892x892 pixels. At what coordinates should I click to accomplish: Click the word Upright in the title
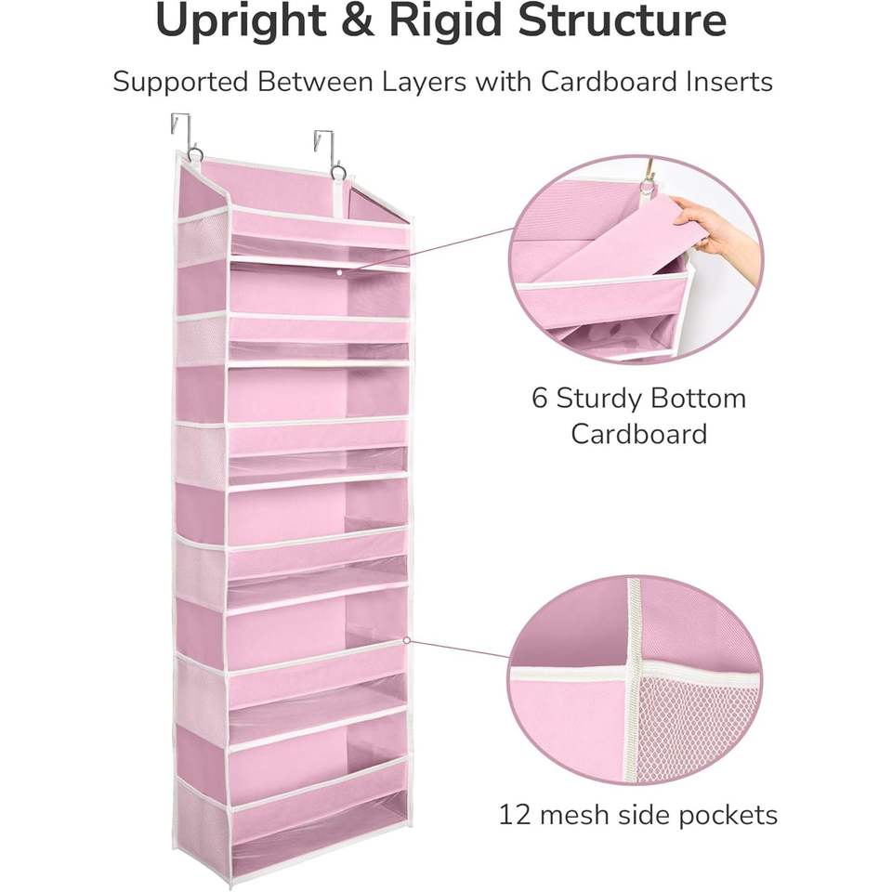(240, 22)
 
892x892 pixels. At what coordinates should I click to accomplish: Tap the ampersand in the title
(356, 20)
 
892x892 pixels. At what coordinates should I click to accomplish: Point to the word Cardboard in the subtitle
(610, 82)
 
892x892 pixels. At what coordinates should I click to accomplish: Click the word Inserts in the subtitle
(730, 82)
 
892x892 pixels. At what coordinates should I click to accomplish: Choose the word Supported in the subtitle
(180, 83)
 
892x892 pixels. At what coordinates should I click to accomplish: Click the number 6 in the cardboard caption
(539, 398)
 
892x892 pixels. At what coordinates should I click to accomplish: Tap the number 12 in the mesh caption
(514, 815)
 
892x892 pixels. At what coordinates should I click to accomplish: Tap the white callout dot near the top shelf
(340, 272)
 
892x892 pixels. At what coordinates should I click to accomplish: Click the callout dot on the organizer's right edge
(407, 640)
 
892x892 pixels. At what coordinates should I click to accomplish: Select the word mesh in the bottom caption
(574, 815)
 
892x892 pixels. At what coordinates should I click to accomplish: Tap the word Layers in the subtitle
(424, 83)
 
